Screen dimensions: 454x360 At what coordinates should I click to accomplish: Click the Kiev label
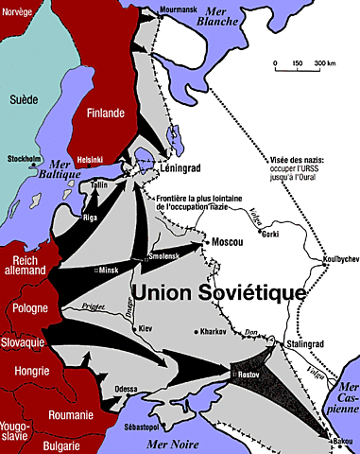coord(146,327)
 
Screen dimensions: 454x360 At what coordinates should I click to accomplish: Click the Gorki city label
coord(270,231)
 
